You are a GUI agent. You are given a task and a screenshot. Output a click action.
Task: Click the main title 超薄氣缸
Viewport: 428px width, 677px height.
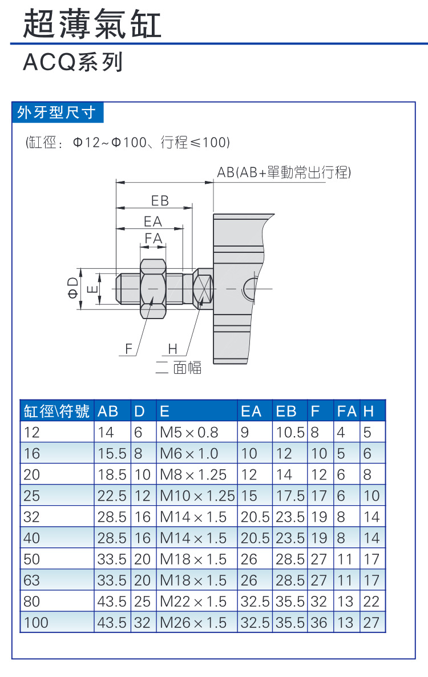(92, 23)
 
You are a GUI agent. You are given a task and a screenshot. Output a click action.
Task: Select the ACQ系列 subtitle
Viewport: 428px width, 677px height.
(72, 62)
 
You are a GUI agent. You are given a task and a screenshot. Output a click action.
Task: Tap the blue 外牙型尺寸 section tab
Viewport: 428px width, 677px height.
(56, 112)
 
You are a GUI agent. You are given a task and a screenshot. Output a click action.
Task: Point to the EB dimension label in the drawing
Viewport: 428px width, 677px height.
(160, 201)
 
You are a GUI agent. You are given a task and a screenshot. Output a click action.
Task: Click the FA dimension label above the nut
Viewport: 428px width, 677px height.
(153, 238)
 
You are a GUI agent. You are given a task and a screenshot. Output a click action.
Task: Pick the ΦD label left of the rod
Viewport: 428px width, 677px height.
(72, 289)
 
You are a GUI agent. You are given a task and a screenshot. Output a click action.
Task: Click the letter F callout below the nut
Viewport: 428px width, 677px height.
(128, 349)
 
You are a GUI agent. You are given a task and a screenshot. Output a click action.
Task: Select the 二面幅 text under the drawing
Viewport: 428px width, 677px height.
(179, 368)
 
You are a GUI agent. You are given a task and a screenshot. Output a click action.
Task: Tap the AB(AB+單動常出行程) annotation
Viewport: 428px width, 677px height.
(284, 172)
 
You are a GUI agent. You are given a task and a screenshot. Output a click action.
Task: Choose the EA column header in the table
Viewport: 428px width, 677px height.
(251, 411)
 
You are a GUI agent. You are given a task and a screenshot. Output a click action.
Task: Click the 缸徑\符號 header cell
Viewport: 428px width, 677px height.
(56, 411)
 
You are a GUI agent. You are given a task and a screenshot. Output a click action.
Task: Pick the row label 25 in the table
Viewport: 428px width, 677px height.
(32, 495)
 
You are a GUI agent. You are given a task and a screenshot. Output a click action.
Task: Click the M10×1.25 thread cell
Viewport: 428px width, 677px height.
(197, 495)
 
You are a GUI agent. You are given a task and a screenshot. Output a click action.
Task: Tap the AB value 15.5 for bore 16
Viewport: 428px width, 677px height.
(111, 453)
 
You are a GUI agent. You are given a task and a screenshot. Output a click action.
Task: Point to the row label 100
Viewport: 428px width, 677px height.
(36, 622)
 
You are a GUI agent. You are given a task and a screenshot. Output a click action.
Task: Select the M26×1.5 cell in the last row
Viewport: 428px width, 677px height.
(193, 622)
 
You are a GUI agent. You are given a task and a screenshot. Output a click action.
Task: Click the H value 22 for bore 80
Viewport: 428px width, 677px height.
(371, 601)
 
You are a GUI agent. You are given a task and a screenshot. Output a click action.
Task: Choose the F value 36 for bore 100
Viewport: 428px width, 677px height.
(319, 622)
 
